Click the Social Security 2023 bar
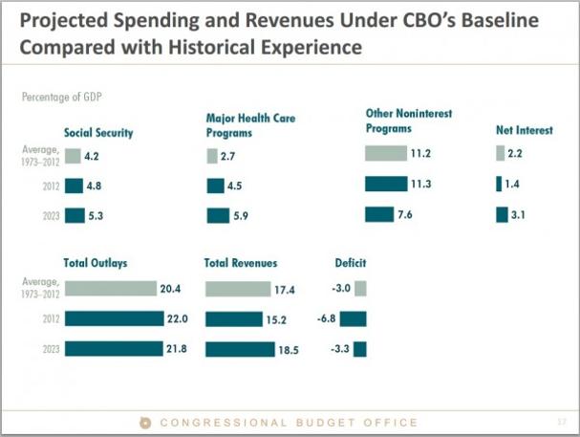[75, 215]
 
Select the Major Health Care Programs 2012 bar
[215, 186]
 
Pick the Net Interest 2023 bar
[502, 215]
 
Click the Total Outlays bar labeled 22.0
[114, 318]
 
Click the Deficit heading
[350, 263]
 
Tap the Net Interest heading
[524, 130]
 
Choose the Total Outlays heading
[96, 263]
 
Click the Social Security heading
[98, 133]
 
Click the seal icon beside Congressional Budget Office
[146, 422]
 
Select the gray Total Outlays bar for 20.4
[110, 288]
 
